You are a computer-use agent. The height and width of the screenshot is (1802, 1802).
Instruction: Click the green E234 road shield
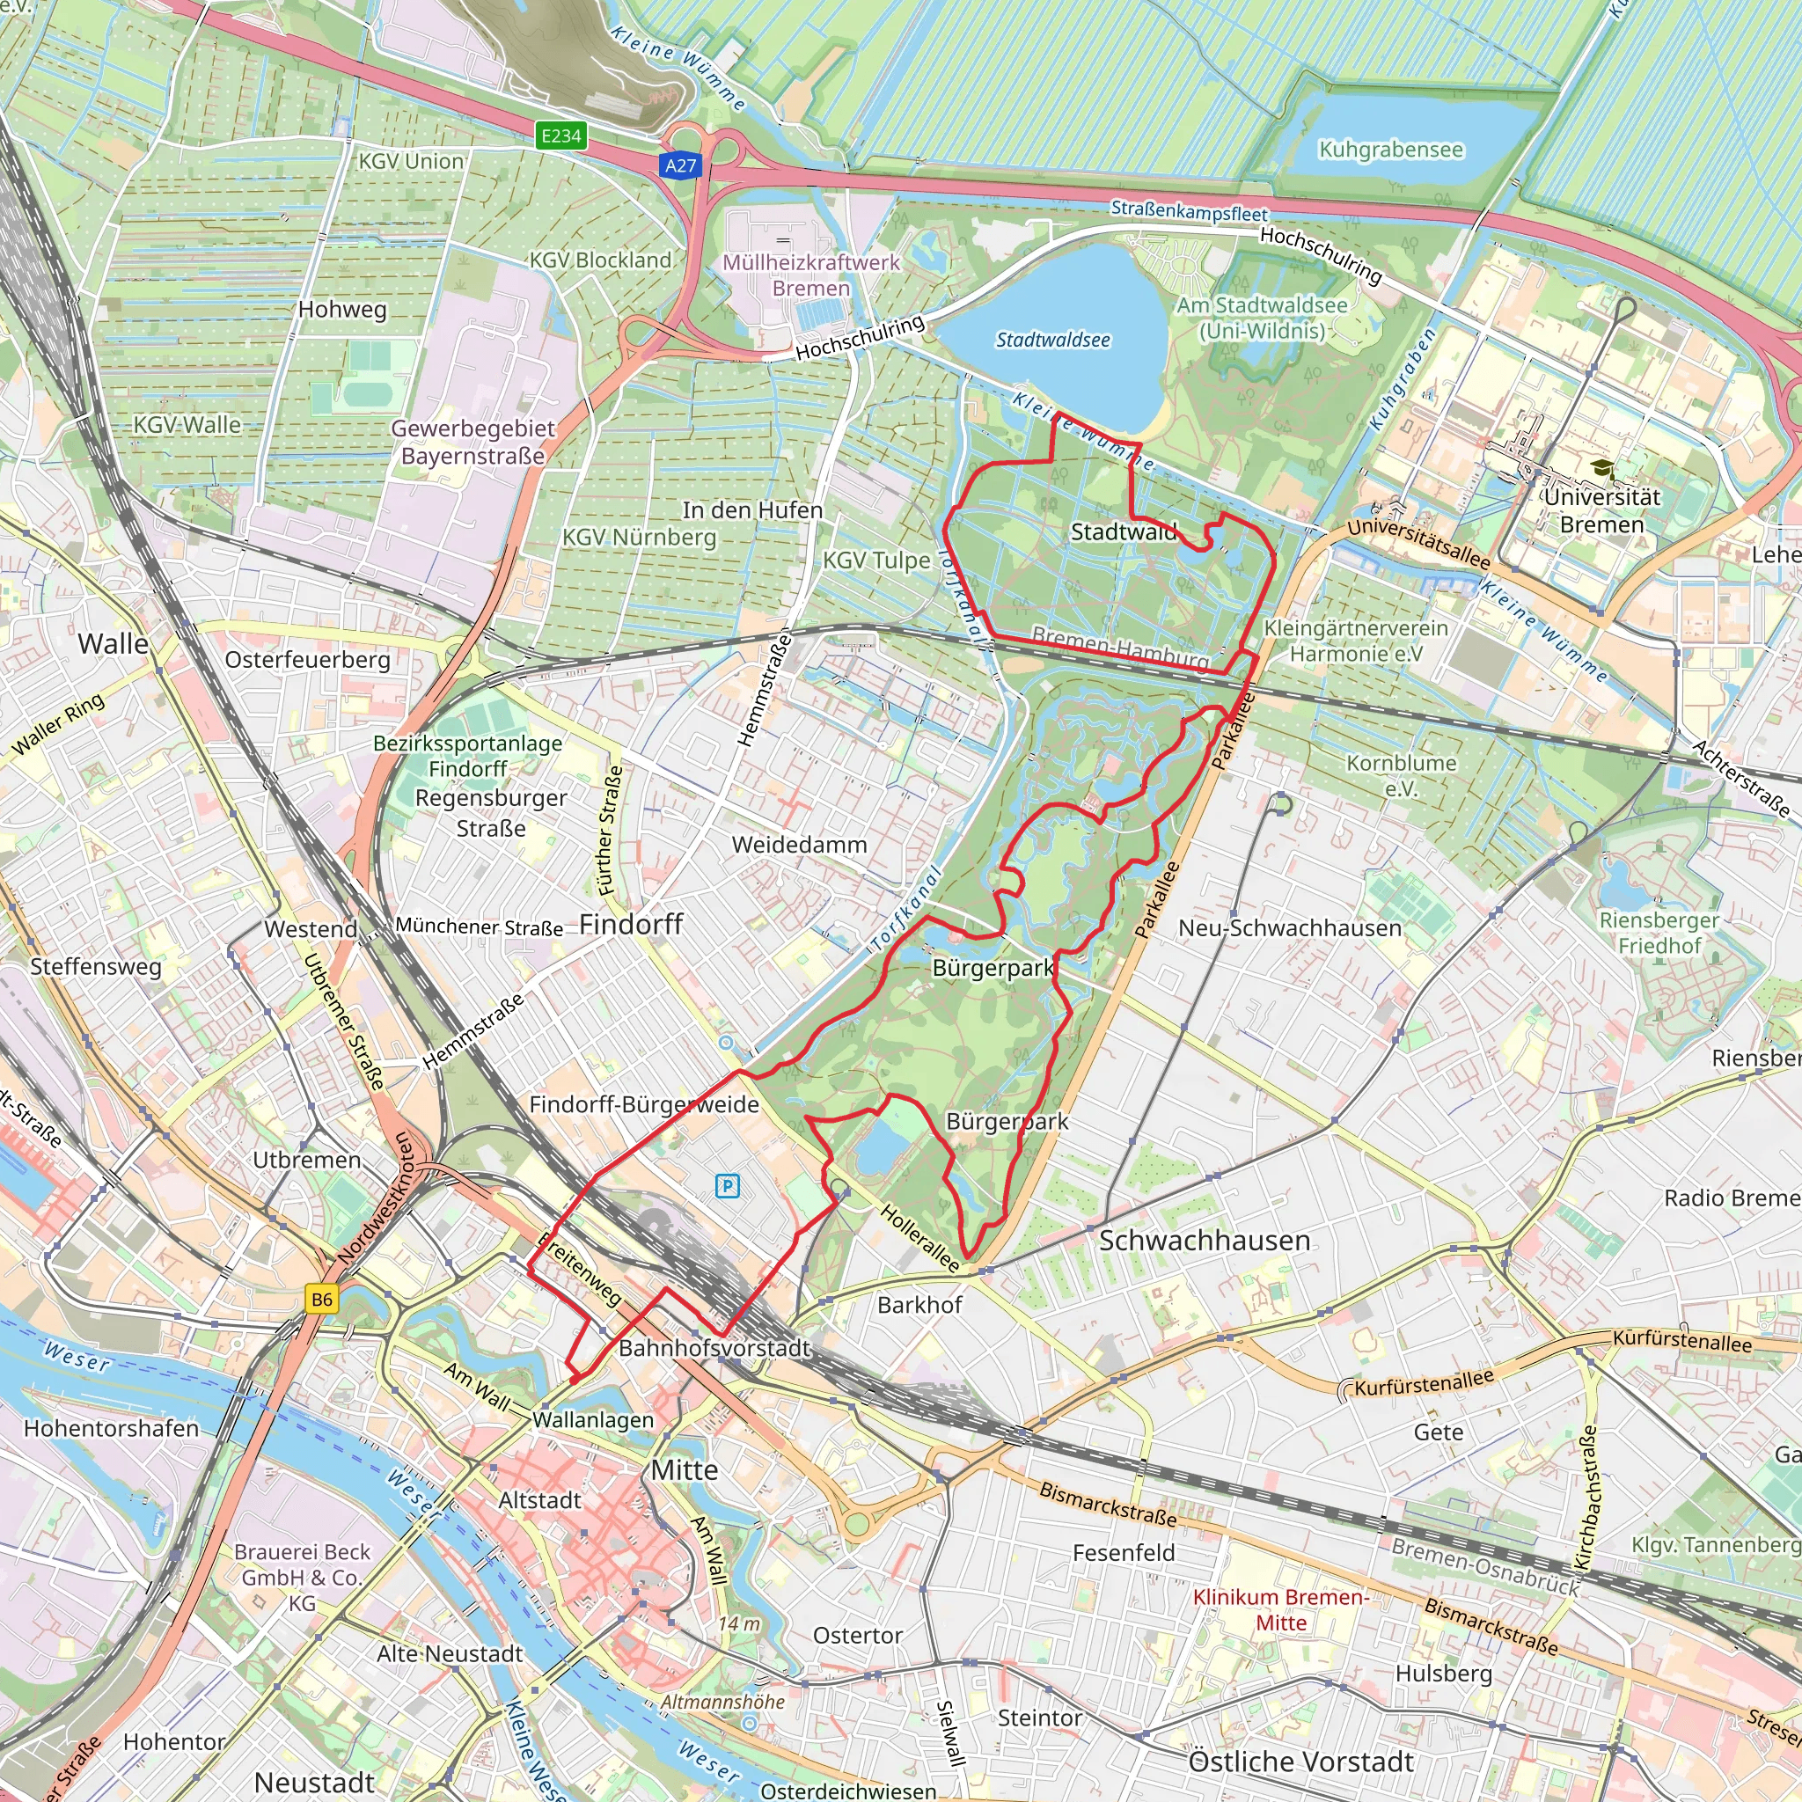[x=561, y=136]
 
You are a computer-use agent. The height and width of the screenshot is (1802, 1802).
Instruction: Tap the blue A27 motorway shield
[x=680, y=166]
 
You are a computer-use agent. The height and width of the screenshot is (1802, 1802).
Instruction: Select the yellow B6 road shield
[x=322, y=1300]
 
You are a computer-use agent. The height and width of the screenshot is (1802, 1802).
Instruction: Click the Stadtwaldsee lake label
[x=1053, y=341]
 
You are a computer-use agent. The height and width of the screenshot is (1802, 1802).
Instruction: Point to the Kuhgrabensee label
[x=1391, y=150]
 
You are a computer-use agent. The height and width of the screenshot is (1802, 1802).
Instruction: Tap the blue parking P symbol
[x=728, y=1186]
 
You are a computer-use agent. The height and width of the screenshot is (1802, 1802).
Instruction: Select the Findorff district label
[x=632, y=925]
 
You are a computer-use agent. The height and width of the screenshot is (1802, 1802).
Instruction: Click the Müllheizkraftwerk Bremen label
[x=811, y=275]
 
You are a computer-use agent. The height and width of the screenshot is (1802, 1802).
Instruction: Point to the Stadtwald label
[x=1123, y=532]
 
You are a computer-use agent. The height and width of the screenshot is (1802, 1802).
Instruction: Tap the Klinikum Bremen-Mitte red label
[x=1280, y=1610]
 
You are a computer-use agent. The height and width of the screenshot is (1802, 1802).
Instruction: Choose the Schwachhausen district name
[x=1205, y=1241]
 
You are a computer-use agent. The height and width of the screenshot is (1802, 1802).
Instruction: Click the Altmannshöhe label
[x=723, y=1703]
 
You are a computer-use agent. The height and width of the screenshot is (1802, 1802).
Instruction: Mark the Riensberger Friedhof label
[x=1659, y=933]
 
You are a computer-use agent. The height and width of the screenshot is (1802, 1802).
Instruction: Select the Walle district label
[x=113, y=643]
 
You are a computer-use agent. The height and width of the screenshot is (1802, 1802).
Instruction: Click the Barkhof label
[x=919, y=1305]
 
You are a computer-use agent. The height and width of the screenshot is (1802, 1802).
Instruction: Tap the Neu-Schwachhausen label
[x=1290, y=928]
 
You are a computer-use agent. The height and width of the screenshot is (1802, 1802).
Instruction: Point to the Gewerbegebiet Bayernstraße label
[x=472, y=442]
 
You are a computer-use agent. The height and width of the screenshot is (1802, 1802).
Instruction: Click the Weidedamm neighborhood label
[x=799, y=845]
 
